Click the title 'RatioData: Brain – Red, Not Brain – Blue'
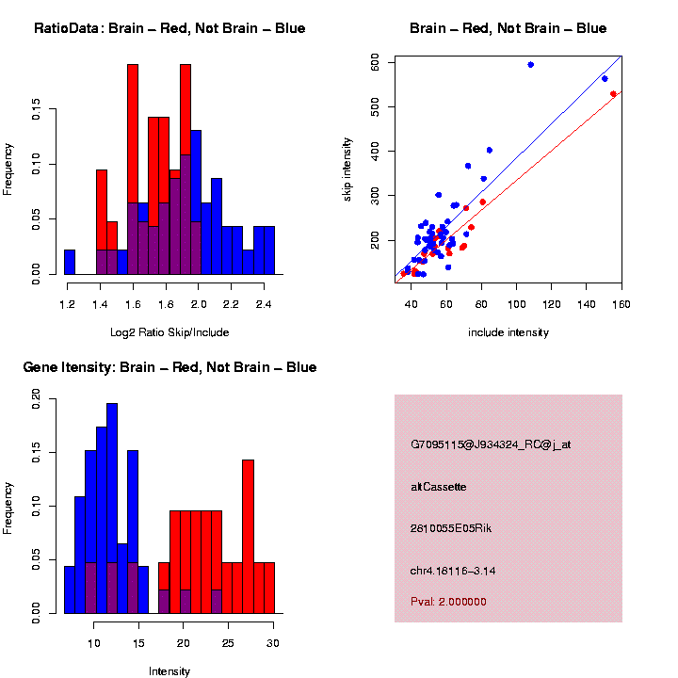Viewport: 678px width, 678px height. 169,28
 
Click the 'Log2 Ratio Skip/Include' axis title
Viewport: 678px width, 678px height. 169,332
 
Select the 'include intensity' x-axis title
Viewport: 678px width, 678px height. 508,332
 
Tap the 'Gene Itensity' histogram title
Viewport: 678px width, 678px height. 169,367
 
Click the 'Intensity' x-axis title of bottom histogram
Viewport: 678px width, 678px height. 169,671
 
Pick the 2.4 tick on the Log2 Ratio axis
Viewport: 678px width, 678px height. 266,305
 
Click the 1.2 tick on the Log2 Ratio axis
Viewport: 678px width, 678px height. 67,305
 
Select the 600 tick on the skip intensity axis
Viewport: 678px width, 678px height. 375,62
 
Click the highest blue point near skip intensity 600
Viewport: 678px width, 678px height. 531,64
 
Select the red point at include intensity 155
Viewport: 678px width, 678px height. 613,94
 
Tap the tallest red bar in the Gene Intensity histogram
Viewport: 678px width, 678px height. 249,537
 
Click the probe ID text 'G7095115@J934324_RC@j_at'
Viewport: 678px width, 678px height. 491,444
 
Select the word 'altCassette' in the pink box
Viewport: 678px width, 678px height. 439,487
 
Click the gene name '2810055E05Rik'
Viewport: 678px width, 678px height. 451,528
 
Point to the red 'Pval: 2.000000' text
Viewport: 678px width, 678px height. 448,601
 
